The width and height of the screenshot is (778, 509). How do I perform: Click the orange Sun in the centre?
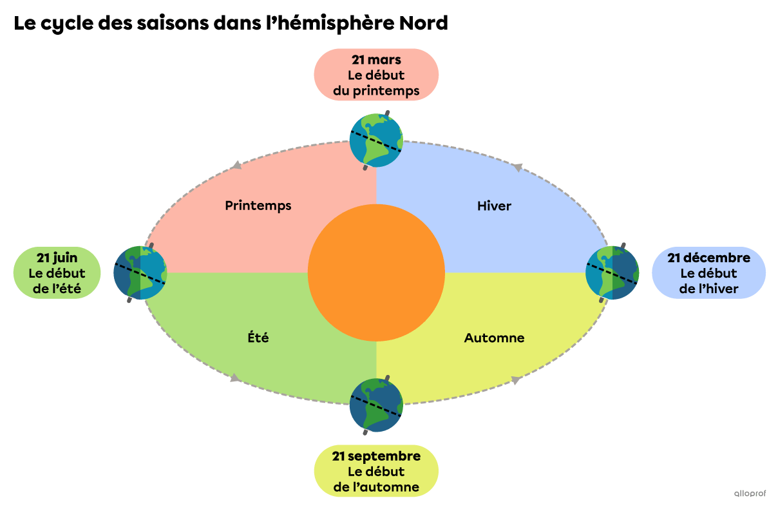click(376, 273)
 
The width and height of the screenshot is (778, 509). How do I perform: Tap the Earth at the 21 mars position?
click(376, 140)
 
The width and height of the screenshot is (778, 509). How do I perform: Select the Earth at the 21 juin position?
click(140, 273)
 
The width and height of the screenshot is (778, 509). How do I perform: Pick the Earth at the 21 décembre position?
click(612, 273)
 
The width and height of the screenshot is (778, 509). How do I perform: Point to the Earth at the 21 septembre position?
click(376, 405)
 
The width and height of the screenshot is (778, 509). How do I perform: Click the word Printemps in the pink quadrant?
click(258, 206)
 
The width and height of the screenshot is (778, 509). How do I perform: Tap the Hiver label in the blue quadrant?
click(494, 206)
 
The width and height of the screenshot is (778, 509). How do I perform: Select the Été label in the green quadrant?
click(258, 338)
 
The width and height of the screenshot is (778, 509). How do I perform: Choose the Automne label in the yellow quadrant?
click(494, 338)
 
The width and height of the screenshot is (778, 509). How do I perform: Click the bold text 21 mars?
click(376, 61)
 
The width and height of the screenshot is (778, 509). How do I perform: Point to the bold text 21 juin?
click(57, 258)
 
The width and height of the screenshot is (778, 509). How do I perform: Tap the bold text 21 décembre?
click(708, 258)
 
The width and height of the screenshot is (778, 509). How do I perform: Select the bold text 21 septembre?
click(376, 456)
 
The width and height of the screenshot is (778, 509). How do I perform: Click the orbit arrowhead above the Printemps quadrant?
click(238, 166)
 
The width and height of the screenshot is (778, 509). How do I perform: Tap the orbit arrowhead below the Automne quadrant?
click(516, 379)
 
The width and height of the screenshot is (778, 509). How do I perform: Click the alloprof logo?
click(750, 494)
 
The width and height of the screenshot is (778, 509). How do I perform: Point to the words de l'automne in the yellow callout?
click(376, 487)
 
